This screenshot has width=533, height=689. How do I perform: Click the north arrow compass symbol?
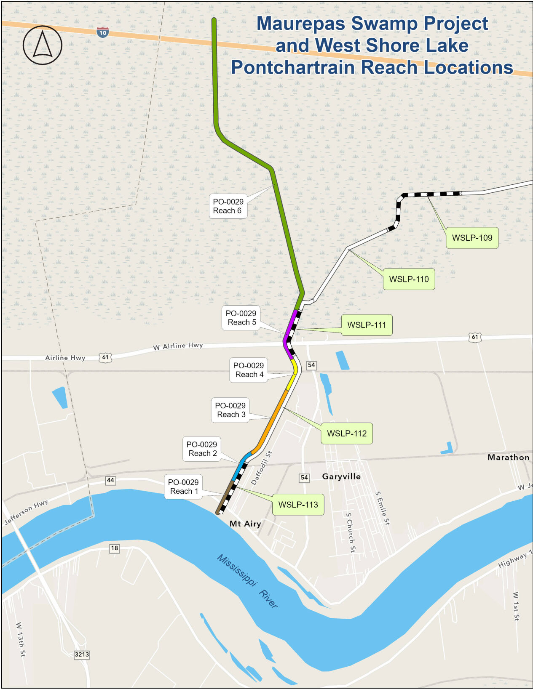click(42, 45)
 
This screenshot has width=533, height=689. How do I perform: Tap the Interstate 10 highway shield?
click(102, 32)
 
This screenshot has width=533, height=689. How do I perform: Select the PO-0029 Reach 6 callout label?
click(228, 206)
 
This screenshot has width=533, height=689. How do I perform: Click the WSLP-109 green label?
click(472, 238)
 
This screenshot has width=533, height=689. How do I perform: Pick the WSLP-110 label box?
click(409, 279)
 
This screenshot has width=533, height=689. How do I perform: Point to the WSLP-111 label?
click(367, 325)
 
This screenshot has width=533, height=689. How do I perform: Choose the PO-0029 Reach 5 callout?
click(241, 318)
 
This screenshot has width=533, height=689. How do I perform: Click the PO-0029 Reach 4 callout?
click(249, 370)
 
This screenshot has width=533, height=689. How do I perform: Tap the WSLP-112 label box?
click(347, 434)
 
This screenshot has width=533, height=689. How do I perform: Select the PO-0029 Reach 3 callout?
click(230, 410)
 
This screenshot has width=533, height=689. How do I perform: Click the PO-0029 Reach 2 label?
click(202, 449)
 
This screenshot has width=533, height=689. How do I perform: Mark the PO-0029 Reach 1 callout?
click(183, 487)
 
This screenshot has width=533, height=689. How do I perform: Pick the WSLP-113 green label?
click(298, 505)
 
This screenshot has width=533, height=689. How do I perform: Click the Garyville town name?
click(341, 476)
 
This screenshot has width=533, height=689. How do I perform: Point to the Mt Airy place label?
click(245, 524)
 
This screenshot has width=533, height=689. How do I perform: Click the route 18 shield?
click(114, 548)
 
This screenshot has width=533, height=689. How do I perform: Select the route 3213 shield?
click(82, 654)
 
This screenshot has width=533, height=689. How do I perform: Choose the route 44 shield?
click(110, 480)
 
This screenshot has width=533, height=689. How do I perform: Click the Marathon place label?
click(508, 458)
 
